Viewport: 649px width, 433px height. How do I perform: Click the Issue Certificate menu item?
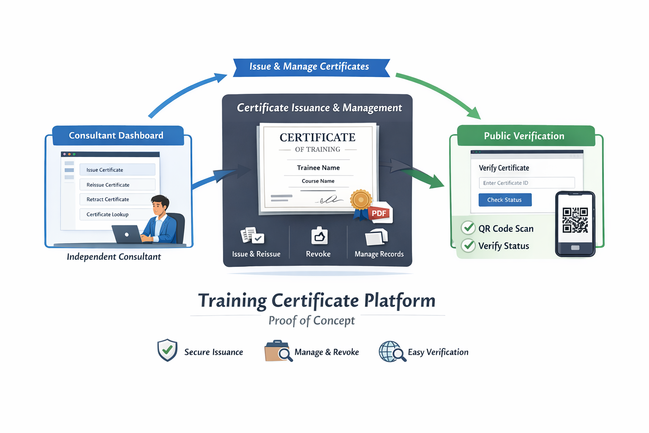pos(117,170)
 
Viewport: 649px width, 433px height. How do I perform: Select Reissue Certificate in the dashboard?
pos(117,185)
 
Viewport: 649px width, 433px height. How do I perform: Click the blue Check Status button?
pos(504,200)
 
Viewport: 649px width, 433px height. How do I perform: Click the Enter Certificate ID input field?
pos(526,183)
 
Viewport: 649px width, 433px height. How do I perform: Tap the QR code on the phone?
pos(575,220)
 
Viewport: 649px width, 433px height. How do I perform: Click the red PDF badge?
pos(379,213)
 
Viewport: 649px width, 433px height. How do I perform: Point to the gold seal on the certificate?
pos(360,200)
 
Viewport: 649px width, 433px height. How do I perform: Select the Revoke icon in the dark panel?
pos(319,236)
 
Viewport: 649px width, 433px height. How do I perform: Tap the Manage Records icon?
pos(376,237)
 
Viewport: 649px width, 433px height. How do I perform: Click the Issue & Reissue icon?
pos(252,236)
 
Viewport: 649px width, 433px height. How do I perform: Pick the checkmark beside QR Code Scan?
pos(468,228)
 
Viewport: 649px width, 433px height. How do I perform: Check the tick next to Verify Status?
pos(468,245)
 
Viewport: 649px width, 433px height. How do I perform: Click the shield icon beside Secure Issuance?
pos(167,350)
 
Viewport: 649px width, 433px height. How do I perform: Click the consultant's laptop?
pos(127,234)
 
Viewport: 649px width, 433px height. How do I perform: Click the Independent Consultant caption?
pos(114,257)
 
